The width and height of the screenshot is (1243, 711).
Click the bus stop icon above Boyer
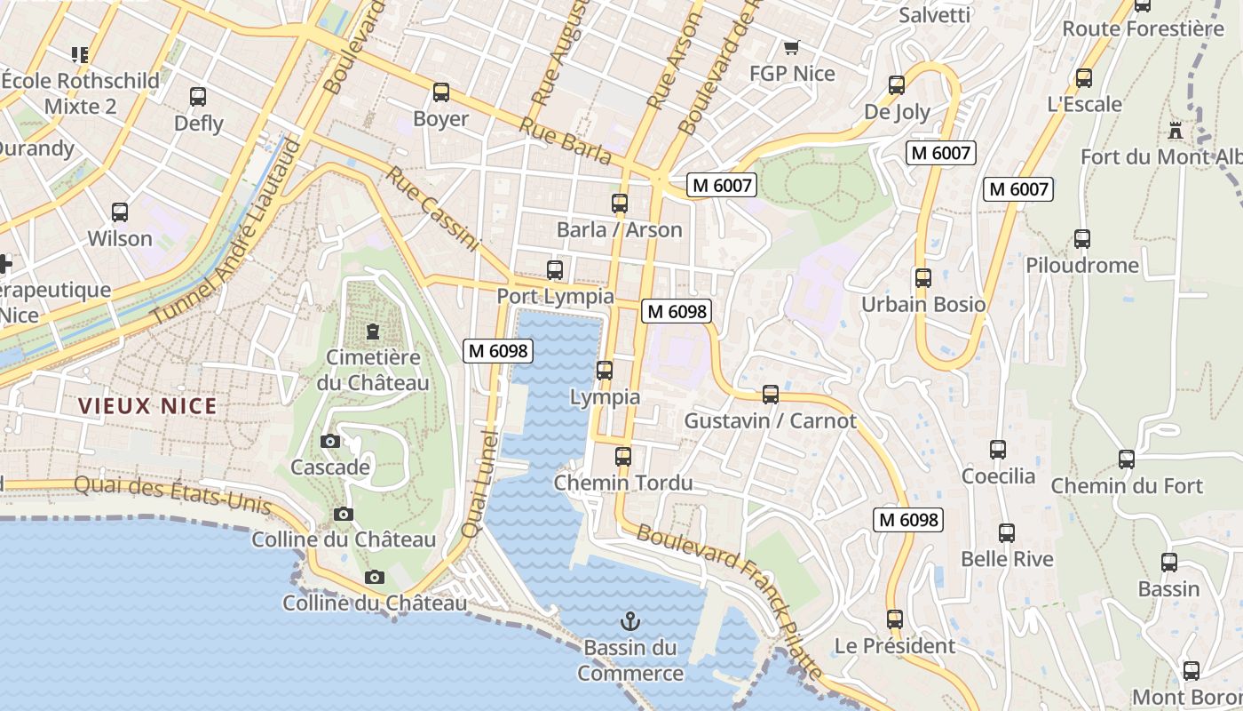coord(441,92)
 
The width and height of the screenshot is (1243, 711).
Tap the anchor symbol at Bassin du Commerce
coord(630,620)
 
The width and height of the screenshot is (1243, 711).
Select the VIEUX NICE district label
coord(147,406)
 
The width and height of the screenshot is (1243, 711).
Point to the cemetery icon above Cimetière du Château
coord(373,332)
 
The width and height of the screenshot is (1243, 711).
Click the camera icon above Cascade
coord(329,441)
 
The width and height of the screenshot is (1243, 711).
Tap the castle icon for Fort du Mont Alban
coord(1176,131)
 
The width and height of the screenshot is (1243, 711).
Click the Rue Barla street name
coord(566,141)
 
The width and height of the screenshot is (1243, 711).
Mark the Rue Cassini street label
coord(431,209)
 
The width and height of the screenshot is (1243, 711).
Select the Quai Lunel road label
coord(479,483)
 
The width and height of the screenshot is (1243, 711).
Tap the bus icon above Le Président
coord(895,619)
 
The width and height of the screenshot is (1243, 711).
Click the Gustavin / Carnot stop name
coord(770,420)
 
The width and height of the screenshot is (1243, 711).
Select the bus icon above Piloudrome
coord(1082,239)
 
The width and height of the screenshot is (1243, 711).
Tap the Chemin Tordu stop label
coord(623,483)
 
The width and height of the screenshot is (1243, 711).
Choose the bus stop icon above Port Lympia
coord(555,269)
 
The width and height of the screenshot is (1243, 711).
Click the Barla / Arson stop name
coord(619,229)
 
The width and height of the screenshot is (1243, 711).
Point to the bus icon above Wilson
coord(120,212)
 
